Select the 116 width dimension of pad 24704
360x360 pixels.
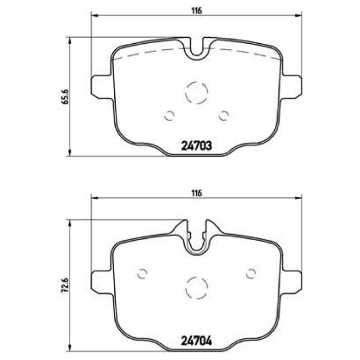tap(196, 193)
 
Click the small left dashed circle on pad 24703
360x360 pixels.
tap(169, 116)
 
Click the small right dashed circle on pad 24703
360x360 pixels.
tap(224, 116)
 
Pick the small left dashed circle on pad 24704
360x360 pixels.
tap(142, 274)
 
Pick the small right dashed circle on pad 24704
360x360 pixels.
tap(251, 274)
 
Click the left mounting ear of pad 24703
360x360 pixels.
tap(100, 85)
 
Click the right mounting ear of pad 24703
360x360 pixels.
tap(293, 85)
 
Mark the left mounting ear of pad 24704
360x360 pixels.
tap(100, 280)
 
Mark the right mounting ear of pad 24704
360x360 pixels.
tap(293, 280)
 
